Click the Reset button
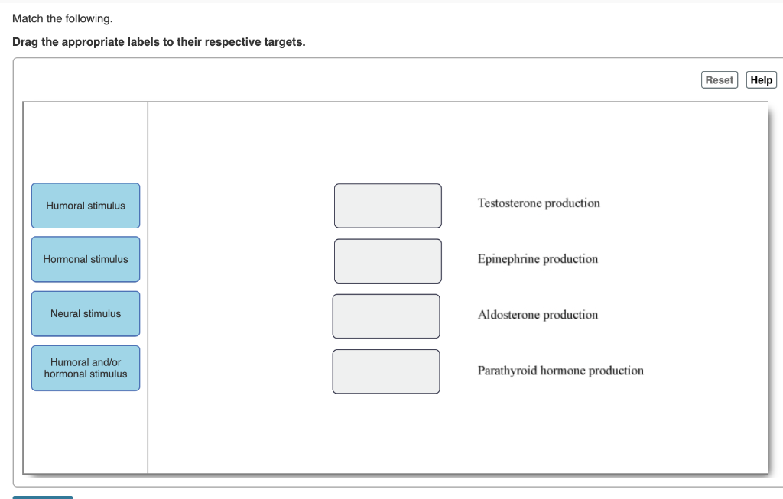719,80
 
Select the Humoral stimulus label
86,206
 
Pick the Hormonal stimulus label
86,259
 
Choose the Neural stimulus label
86,313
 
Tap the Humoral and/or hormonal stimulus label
86,368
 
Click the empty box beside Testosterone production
388,206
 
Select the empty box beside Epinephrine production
388,261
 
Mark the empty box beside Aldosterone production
386,316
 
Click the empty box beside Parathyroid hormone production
386,371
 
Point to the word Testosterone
509,203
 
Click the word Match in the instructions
28,18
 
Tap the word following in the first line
89,18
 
